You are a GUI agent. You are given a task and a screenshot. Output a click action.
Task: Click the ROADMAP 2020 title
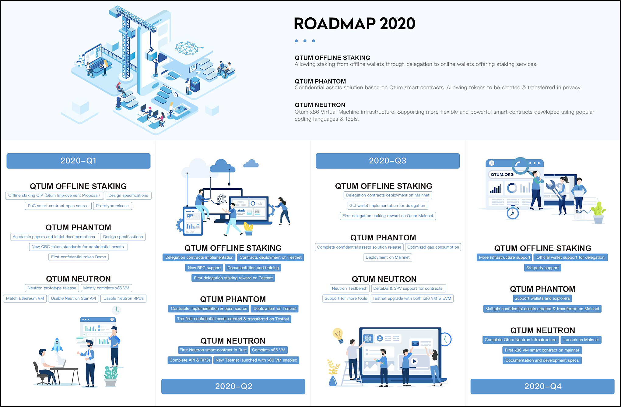coord(354,24)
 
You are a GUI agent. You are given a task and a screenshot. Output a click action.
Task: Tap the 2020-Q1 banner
coord(79,161)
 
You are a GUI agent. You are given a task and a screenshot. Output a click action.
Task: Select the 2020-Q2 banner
coord(233,386)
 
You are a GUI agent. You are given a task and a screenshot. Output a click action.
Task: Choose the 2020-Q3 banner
coord(388,161)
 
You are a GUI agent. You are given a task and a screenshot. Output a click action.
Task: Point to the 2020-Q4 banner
coord(542,386)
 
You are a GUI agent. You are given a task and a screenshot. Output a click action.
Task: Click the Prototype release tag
coord(112,206)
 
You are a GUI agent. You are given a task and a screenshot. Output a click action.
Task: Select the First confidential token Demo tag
coord(79,257)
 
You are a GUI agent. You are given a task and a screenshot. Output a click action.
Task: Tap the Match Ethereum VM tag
coord(25,299)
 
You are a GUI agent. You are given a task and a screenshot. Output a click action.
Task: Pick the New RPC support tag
coord(204,268)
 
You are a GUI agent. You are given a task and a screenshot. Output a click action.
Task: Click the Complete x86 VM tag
coord(269,350)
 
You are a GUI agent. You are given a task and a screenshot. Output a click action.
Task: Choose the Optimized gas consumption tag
coord(433,247)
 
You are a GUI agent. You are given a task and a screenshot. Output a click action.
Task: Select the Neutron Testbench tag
coord(349,288)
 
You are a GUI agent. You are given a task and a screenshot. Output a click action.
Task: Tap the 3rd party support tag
coord(542,268)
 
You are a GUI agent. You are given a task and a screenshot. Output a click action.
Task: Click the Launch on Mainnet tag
coord(581,340)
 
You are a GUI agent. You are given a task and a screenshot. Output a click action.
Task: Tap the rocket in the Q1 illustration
coord(57,345)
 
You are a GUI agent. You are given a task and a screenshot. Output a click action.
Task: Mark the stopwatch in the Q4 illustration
coord(513,213)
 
